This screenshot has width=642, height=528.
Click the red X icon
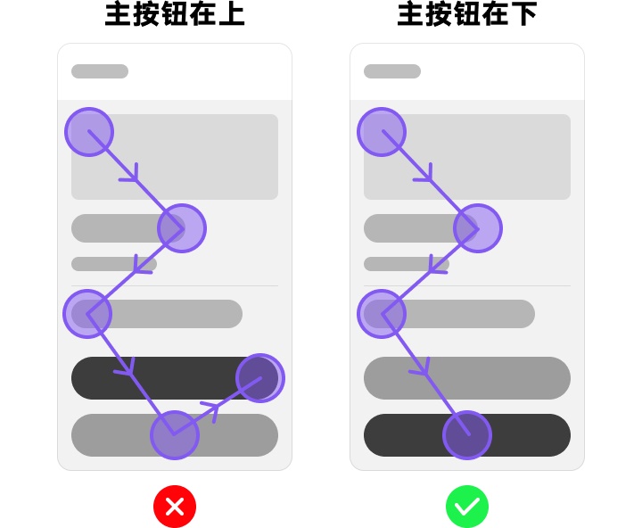175,507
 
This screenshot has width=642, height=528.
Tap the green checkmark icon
467,507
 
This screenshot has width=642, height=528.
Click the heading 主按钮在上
175,14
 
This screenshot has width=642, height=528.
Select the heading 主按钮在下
467,14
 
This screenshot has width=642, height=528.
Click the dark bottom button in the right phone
467,435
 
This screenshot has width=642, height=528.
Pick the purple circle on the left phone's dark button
260,377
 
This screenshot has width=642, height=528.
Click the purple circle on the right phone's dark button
467,435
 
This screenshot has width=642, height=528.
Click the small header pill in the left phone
100,71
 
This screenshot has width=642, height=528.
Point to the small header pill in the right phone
392,71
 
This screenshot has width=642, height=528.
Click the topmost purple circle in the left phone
89,132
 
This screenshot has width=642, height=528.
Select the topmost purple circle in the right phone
382,132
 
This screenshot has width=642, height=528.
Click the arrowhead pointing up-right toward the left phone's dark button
212,409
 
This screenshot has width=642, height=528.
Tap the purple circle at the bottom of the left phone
175,435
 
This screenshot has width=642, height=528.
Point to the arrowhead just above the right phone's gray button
422,367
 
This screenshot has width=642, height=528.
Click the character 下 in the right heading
524,14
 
